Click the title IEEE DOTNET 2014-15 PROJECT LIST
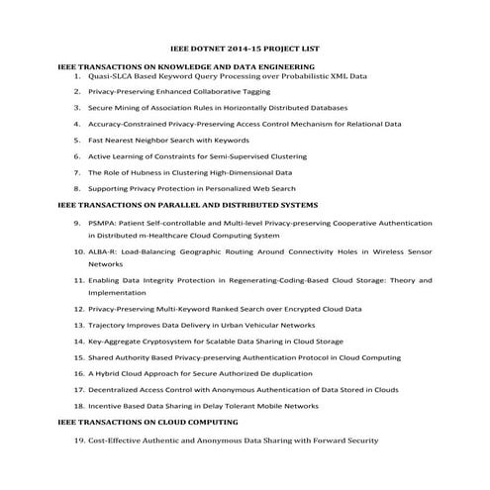(x=245, y=48)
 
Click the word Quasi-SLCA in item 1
(x=110, y=74)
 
